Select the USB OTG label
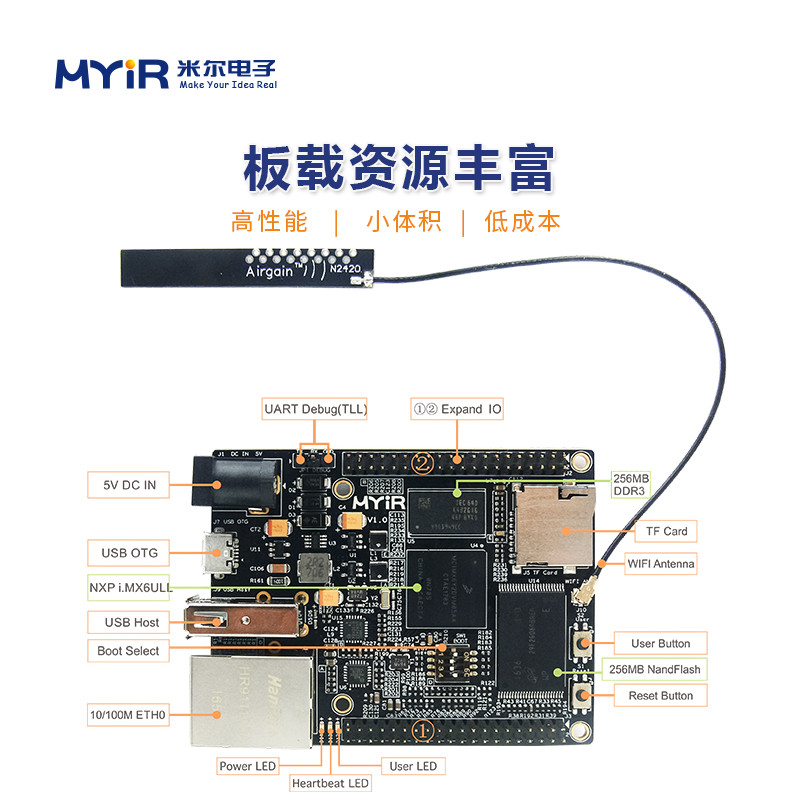[129, 552]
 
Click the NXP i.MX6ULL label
[128, 586]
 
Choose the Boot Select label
[128, 650]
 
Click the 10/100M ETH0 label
[128, 715]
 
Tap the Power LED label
[247, 766]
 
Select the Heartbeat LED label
[330, 783]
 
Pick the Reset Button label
[660, 695]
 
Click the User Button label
[660, 643]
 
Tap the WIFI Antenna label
[660, 564]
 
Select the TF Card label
[661, 531]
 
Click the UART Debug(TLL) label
[315, 409]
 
